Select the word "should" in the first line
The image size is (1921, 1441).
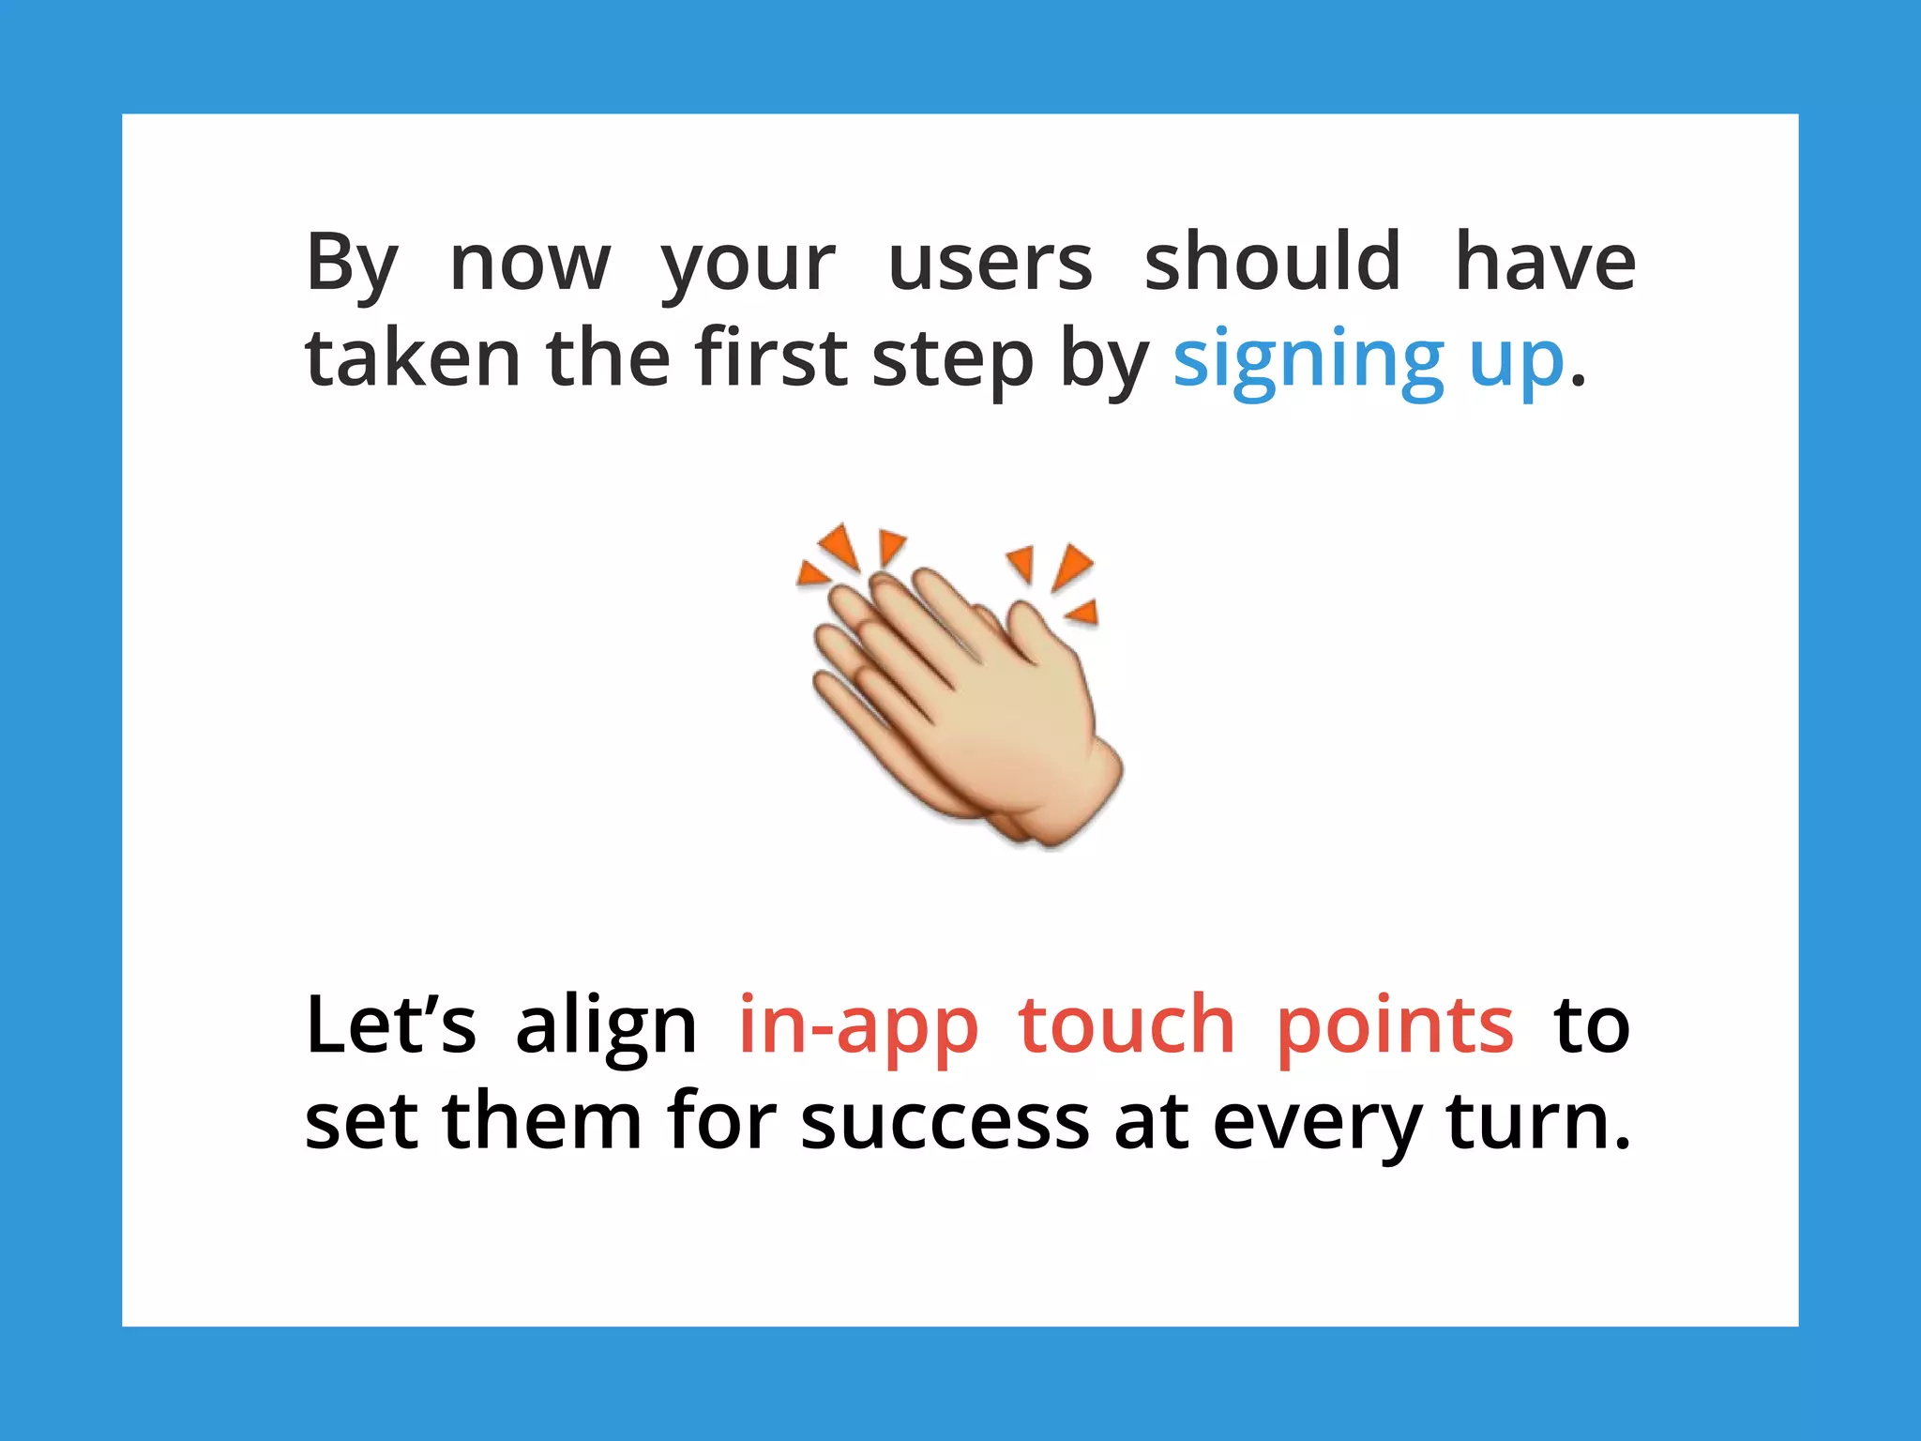tap(1273, 263)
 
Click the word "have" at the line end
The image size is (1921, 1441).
tap(1545, 263)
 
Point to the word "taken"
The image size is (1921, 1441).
tap(413, 358)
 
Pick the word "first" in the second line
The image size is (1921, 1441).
tap(771, 358)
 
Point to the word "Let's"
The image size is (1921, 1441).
tap(390, 1025)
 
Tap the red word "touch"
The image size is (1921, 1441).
tap(1127, 1025)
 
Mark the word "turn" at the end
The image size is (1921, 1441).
tap(1529, 1121)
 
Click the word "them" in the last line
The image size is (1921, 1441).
tap(542, 1121)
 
